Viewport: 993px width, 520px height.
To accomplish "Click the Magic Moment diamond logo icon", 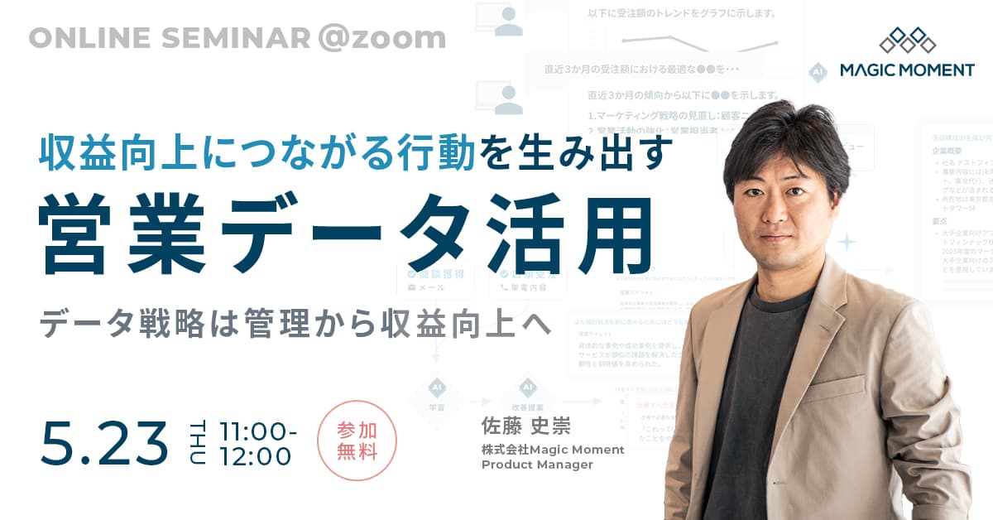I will tap(907, 40).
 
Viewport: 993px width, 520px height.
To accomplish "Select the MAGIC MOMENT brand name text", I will tap(907, 70).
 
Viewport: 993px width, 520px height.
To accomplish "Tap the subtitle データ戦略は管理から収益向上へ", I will tap(296, 325).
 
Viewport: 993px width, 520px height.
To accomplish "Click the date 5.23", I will tap(103, 443).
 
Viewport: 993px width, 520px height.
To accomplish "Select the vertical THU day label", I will tap(199, 443).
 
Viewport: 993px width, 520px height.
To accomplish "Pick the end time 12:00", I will tap(255, 456).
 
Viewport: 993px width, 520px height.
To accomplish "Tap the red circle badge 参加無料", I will tap(357, 441).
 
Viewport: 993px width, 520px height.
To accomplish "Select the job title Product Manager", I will tap(537, 465).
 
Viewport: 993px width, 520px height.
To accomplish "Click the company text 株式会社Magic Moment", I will tap(553, 449).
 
